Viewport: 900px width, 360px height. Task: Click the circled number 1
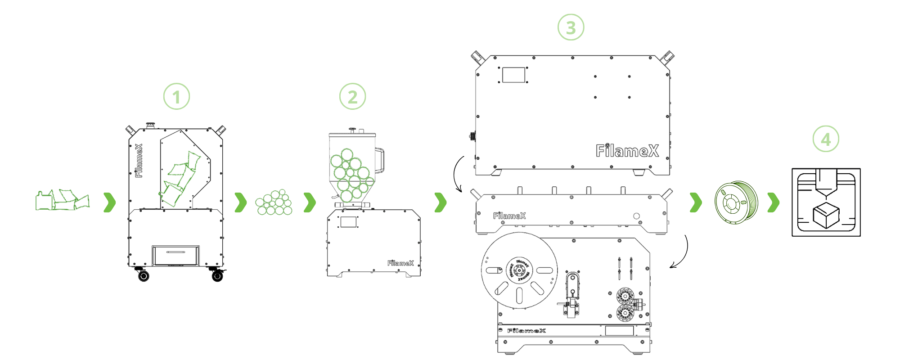click(x=176, y=97)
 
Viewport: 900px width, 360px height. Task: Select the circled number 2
click(x=352, y=97)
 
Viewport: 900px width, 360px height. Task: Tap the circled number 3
click(x=571, y=27)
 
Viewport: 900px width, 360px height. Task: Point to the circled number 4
click(x=826, y=139)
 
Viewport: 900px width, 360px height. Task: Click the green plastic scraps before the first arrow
click(x=63, y=200)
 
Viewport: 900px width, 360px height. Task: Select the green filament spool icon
click(x=736, y=202)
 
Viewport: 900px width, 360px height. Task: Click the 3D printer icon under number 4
click(x=826, y=202)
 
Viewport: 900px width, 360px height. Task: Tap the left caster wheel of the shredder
click(x=144, y=275)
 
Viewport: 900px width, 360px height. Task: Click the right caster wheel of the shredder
click(x=217, y=275)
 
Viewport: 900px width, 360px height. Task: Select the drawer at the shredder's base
click(x=175, y=256)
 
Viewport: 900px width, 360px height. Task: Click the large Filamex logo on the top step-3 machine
click(x=627, y=151)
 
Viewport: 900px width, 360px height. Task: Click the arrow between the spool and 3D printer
click(x=773, y=202)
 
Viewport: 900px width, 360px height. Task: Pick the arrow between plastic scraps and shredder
click(x=109, y=202)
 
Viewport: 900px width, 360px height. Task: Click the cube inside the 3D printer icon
click(x=825, y=215)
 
